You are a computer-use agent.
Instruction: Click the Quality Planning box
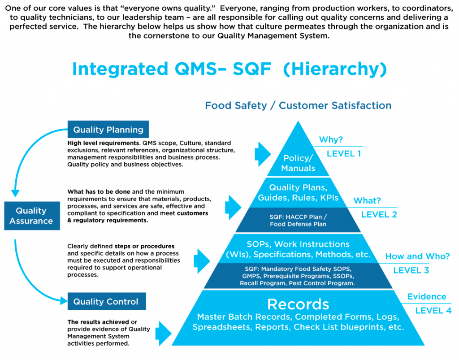point(108,130)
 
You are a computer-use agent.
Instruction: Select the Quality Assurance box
point(31,216)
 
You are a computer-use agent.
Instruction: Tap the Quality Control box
point(106,302)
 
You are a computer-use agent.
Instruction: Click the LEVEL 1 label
point(344,154)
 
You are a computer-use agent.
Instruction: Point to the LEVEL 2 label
point(379,215)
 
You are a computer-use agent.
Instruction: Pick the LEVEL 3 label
point(411,270)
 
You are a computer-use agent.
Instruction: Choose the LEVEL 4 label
point(433,311)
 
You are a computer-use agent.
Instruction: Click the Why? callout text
point(330,140)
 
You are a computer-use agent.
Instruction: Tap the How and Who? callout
point(417,256)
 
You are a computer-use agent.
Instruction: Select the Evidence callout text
point(426,297)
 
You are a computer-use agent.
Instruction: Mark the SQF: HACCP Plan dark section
point(298,220)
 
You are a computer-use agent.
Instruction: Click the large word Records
point(298,305)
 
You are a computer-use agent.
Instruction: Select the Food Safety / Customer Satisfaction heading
point(298,106)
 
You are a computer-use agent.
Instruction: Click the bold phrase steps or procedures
point(144,247)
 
